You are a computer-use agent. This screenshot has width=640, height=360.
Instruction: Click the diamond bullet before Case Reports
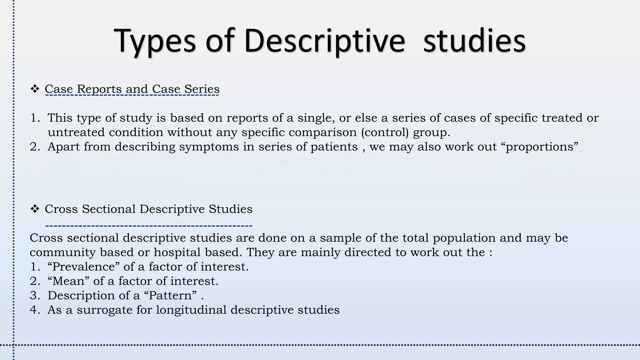pyautogui.click(x=34, y=89)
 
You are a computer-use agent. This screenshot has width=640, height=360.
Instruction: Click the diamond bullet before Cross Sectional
pyautogui.click(x=34, y=209)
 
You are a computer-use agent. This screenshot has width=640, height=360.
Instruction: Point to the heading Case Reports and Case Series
pyautogui.click(x=132, y=89)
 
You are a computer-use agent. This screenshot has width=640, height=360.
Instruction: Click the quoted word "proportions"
pyautogui.click(x=542, y=147)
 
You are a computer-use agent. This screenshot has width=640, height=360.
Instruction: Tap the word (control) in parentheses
pyautogui.click(x=385, y=132)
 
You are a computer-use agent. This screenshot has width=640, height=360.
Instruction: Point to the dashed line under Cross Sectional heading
pyautogui.click(x=148, y=225)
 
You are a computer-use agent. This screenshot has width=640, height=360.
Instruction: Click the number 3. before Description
pyautogui.click(x=35, y=295)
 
